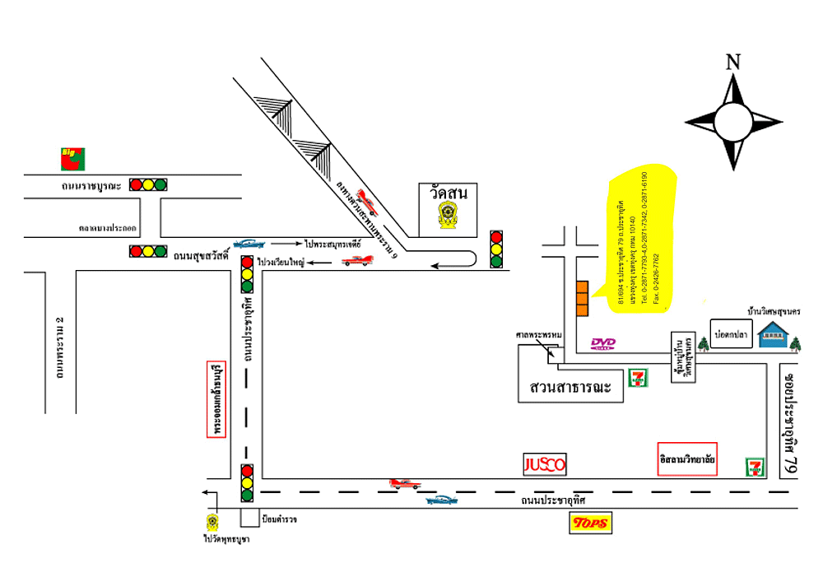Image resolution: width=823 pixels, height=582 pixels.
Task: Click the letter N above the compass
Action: [733, 62]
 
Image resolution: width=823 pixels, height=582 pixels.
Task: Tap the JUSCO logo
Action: [545, 464]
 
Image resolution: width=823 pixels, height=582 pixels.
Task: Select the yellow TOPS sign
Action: [591, 523]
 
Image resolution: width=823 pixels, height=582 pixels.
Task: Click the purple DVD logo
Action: [604, 343]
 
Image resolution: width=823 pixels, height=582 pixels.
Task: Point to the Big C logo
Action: [72, 156]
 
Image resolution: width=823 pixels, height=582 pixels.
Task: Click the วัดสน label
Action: [448, 193]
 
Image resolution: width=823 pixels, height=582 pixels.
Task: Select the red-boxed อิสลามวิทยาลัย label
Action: [688, 459]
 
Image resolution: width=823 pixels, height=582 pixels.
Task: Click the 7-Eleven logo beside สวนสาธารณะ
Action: [637, 378]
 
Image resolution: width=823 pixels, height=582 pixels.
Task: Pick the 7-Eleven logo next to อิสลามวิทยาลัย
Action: [754, 466]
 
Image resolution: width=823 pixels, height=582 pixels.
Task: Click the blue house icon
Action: [774, 334]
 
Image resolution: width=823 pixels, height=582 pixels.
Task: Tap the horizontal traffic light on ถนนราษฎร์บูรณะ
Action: [147, 184]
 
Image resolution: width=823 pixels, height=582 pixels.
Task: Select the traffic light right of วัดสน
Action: [495, 249]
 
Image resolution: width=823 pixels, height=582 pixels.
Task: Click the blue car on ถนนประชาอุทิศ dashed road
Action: [442, 500]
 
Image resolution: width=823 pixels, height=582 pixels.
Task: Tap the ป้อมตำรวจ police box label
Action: [278, 519]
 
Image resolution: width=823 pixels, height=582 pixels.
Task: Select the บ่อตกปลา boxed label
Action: [731, 336]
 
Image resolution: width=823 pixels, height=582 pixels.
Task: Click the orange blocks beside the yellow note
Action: [581, 299]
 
